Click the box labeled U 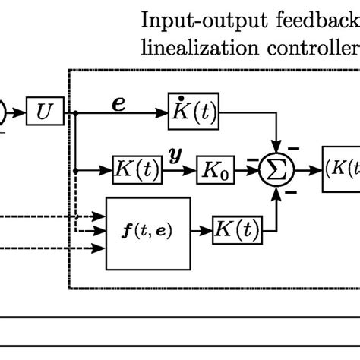point(41,113)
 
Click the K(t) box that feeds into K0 point(137,172)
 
